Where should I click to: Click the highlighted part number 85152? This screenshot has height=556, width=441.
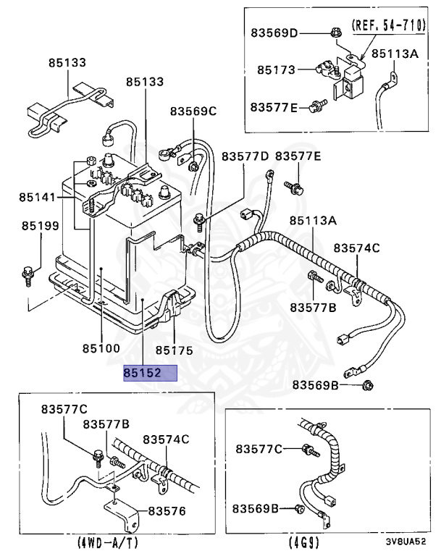149,373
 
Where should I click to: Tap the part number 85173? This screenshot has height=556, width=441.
277,70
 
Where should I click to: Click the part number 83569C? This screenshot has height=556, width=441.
193,111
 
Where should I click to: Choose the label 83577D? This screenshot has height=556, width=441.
245,156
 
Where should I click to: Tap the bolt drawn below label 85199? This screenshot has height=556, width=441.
28,274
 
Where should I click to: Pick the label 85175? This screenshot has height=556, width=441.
174,350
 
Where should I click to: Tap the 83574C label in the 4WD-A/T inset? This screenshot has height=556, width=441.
166,439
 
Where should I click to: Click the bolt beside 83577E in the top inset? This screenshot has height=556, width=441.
314,107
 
